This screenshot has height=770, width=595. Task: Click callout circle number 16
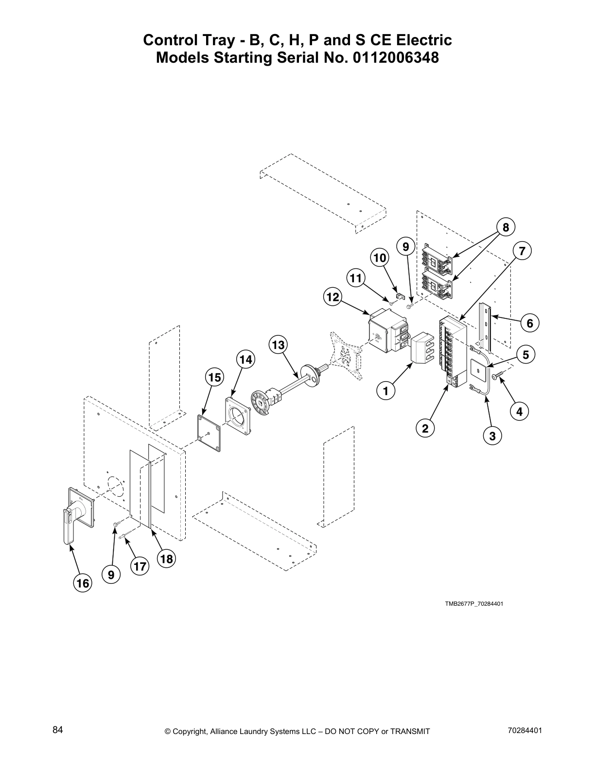pos(83,583)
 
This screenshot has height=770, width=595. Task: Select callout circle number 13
pos(278,345)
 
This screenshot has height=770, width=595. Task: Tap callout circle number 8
pos(506,227)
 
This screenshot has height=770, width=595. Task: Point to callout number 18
pos(166,559)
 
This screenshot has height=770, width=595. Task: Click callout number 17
pos(140,566)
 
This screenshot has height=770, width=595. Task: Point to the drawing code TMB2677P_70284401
pos(473,604)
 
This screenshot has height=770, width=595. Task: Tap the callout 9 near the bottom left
pos(111,575)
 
